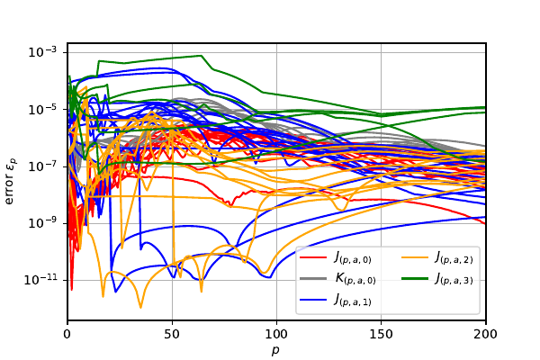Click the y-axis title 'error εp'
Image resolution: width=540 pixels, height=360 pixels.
[12, 180]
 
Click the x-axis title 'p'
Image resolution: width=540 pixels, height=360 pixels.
[276, 349]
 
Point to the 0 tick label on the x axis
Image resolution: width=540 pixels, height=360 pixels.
[67, 333]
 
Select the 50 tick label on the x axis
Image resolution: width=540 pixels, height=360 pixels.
[172, 333]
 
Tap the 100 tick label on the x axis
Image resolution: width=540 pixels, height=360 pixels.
[276, 333]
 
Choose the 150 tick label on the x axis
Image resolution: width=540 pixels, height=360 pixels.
[382, 333]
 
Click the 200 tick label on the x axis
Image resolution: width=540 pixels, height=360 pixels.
[486, 333]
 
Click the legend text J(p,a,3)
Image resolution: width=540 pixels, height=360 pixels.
[454, 280]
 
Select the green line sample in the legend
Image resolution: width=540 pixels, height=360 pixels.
[409, 279]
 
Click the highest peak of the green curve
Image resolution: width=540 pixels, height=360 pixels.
[202, 56]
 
